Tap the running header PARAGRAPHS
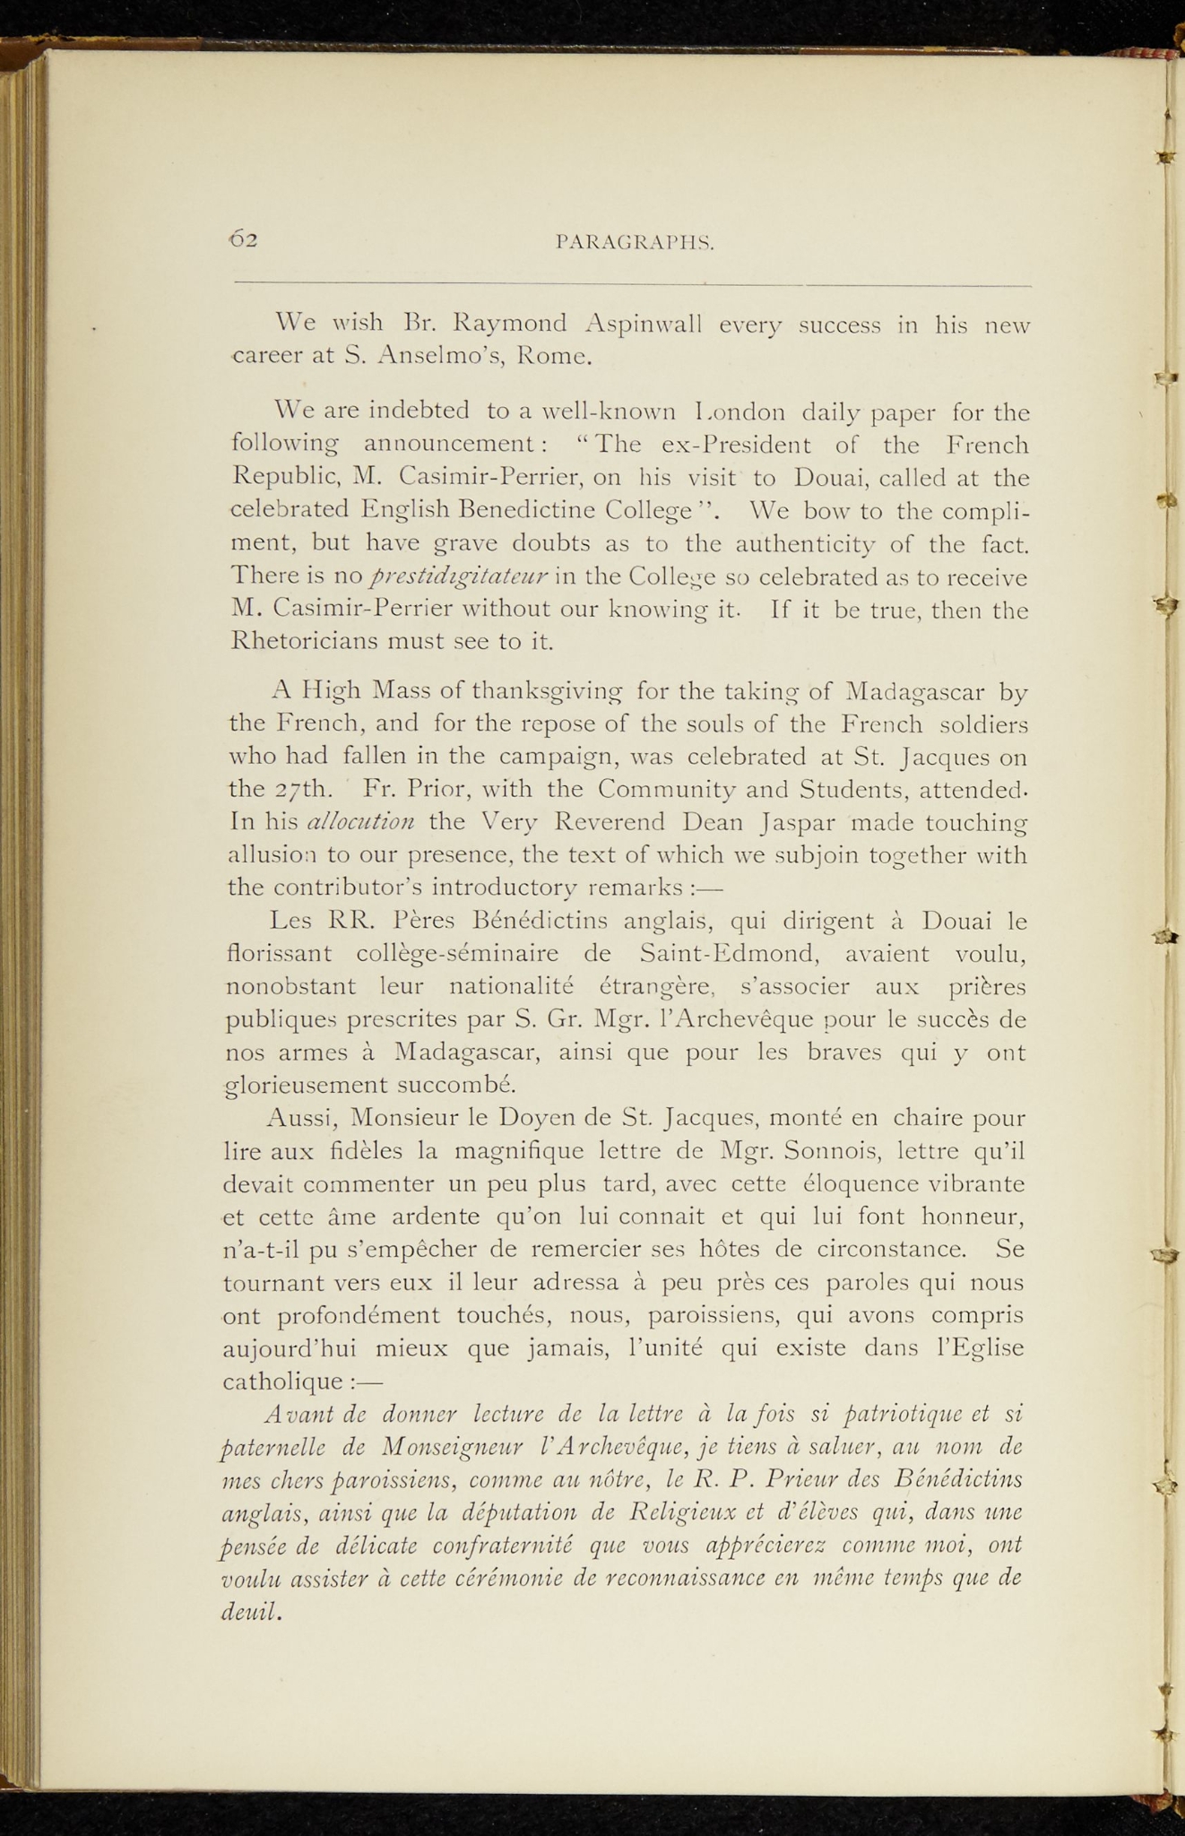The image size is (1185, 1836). coord(635,241)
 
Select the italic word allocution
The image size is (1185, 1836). coord(360,822)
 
